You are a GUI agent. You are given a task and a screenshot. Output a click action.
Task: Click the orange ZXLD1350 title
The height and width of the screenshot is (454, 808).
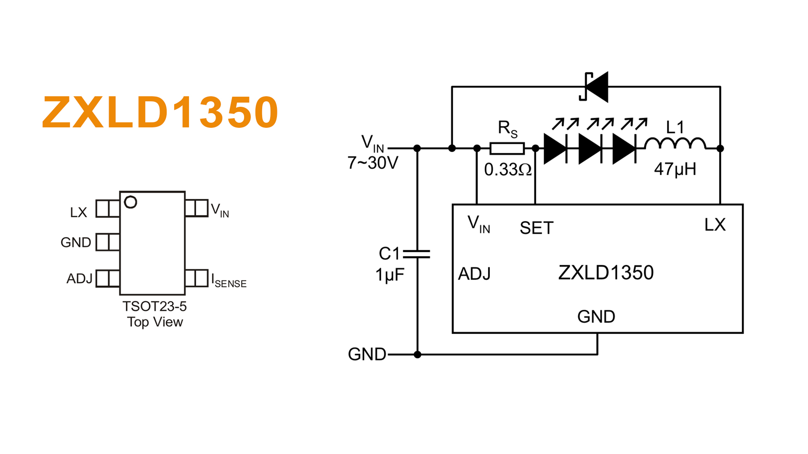(160, 112)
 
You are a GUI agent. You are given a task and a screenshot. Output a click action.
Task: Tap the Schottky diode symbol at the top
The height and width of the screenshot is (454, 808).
(595, 87)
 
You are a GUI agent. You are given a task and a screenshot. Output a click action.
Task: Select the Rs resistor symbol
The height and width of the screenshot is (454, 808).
(507, 148)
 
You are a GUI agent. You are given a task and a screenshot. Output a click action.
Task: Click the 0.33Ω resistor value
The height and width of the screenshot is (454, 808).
(508, 170)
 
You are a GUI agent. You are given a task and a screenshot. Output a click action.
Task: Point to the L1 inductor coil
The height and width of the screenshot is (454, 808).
(675, 144)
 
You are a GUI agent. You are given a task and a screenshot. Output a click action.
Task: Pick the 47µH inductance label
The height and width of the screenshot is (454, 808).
(675, 169)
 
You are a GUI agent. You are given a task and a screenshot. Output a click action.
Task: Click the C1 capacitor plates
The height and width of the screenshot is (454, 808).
(417, 253)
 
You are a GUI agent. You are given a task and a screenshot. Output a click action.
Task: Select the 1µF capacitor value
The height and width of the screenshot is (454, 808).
(390, 275)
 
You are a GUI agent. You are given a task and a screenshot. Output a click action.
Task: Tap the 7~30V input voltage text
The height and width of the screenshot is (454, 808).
(373, 163)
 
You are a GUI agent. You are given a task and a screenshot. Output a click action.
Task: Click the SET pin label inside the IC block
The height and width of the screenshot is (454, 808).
(537, 228)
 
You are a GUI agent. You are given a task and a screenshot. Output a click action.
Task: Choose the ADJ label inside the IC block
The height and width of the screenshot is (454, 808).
(474, 274)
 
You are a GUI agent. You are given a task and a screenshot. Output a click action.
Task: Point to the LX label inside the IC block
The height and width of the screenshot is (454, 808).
(715, 225)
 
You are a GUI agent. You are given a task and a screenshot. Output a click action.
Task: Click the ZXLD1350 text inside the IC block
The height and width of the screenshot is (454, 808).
(606, 273)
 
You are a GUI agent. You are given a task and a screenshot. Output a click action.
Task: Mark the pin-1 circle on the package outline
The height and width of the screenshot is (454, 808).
(130, 202)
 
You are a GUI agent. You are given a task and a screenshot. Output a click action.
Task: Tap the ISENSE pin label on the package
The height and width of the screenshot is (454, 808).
(229, 281)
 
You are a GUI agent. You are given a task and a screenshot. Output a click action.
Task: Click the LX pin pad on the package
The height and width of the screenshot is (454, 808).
(108, 209)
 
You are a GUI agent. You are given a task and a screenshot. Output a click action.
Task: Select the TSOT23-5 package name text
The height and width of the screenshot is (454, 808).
(154, 306)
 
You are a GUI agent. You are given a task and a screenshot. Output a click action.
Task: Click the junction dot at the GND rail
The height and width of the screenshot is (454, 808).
(417, 354)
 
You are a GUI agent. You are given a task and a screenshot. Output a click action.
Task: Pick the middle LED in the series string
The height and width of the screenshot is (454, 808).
(590, 148)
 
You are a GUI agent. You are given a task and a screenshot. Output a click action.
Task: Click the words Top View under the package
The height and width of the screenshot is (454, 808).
(155, 322)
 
